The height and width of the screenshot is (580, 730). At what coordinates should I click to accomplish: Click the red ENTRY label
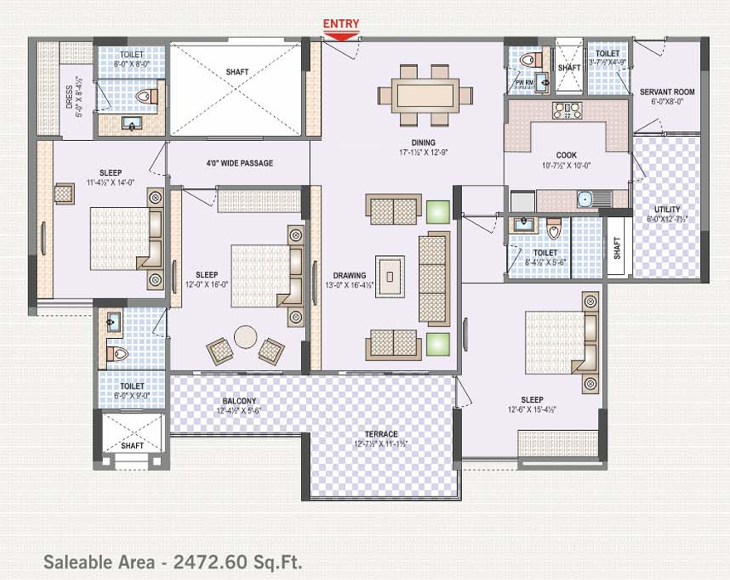point(342,25)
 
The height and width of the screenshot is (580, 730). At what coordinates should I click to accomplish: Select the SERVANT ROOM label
point(667,92)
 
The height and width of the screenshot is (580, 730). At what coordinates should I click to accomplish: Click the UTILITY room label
point(667,210)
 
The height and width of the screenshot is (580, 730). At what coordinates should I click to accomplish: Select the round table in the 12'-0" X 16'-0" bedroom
point(246,336)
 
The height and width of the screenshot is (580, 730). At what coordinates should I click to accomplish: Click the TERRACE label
point(381,434)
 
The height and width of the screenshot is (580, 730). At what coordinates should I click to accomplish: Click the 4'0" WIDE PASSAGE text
point(240,163)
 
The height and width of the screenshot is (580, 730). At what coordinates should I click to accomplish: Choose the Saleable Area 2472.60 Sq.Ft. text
point(173,561)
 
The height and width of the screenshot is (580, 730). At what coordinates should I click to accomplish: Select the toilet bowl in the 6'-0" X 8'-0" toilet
point(148,98)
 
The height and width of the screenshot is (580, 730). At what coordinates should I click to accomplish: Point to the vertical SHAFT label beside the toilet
point(616,249)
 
